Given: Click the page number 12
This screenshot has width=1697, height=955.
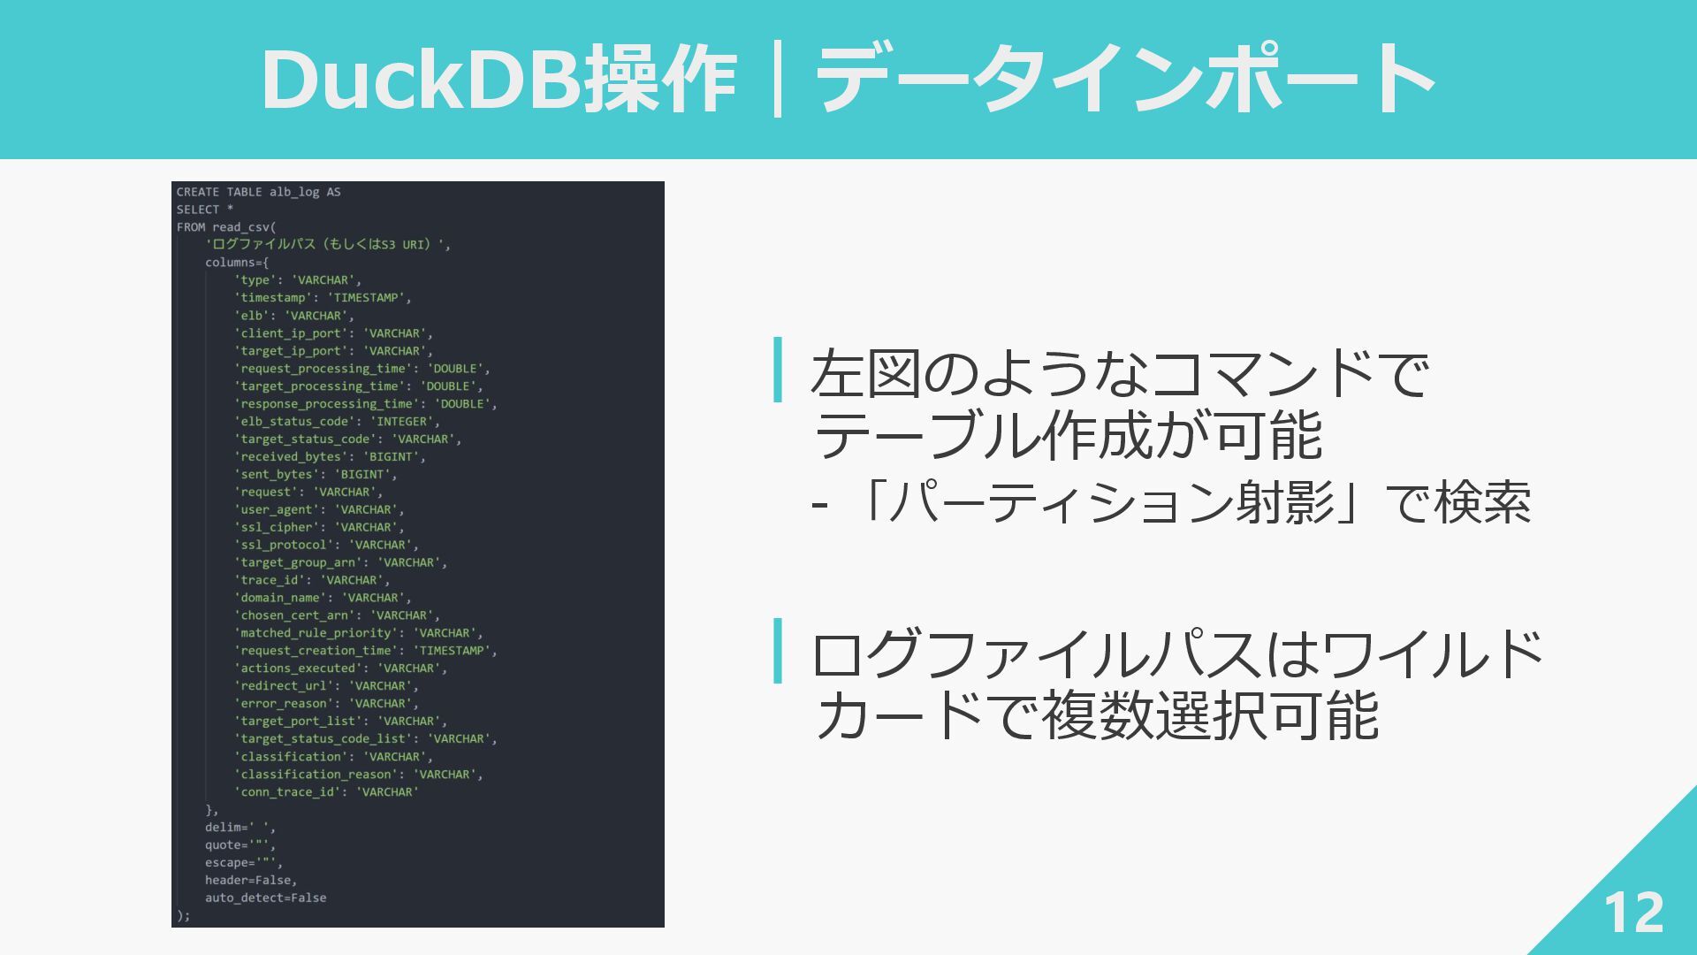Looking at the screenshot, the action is [x=1633, y=913].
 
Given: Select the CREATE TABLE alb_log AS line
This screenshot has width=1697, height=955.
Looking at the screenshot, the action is [x=258, y=192].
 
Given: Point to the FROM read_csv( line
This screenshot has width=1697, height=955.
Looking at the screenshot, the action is [x=226, y=227].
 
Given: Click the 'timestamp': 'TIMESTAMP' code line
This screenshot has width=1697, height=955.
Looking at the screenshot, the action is [x=323, y=298].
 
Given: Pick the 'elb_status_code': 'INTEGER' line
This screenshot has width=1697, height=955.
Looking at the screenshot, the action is [x=337, y=422].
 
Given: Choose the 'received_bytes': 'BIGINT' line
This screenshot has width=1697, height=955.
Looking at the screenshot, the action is [x=330, y=457].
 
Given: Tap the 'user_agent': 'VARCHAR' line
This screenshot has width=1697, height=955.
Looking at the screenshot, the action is [x=319, y=510].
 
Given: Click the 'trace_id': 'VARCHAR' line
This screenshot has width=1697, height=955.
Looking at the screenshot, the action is [x=312, y=580].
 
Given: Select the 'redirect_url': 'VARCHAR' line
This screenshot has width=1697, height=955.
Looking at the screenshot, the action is [x=326, y=686].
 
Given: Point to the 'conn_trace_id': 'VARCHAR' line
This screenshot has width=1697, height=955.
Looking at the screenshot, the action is [x=326, y=792].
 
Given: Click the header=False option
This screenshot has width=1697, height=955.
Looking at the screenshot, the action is [x=251, y=881].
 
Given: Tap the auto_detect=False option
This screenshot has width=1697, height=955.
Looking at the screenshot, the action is [x=265, y=898].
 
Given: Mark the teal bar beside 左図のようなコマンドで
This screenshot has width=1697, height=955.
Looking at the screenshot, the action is [x=778, y=370].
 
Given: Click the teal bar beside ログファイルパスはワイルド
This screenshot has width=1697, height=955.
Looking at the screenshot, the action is [x=778, y=651].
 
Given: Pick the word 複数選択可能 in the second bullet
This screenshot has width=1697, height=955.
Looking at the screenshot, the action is [x=1209, y=716].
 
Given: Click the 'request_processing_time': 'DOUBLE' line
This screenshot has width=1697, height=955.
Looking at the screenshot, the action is [x=361, y=369].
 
